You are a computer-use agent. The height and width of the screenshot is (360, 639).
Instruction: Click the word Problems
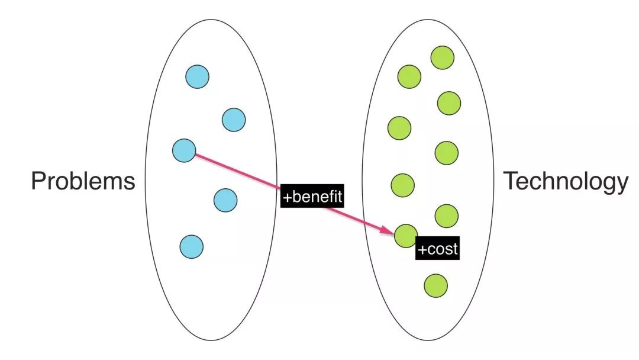(x=83, y=181)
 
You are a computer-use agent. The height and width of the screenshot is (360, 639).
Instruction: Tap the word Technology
(x=566, y=182)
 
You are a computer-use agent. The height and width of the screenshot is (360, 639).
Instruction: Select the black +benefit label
(x=312, y=196)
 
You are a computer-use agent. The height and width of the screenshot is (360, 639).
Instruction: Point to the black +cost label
(x=438, y=248)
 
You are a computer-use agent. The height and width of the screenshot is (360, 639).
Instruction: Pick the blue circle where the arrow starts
(x=184, y=150)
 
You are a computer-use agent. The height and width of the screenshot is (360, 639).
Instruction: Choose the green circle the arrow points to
(x=406, y=236)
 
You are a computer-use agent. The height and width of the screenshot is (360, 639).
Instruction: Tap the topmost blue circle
(x=197, y=76)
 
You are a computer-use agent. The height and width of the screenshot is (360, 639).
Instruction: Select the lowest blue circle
(x=192, y=247)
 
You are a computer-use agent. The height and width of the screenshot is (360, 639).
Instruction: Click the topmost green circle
(x=443, y=57)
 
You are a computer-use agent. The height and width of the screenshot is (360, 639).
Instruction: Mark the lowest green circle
(x=435, y=285)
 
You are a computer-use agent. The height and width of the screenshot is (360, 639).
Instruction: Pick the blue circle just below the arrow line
(x=225, y=200)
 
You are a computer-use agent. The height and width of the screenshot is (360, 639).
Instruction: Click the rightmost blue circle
(x=234, y=120)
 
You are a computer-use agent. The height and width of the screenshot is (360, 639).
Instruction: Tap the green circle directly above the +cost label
(x=447, y=216)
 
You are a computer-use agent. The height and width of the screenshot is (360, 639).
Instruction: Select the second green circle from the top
(x=409, y=76)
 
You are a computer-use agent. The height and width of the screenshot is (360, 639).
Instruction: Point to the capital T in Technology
(x=511, y=181)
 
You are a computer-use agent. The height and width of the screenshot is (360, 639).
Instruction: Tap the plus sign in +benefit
(x=288, y=198)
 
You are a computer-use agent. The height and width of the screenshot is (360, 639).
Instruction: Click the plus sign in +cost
(x=422, y=249)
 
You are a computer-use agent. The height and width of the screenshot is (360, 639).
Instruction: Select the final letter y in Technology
(x=622, y=184)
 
